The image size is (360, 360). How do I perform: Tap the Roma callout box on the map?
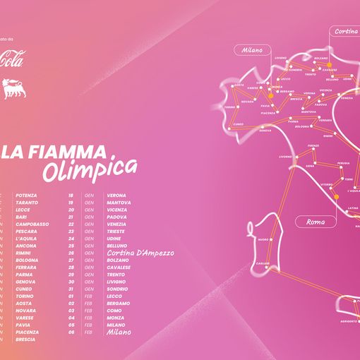click(x=314, y=222)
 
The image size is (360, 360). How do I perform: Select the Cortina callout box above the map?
click(x=345, y=31)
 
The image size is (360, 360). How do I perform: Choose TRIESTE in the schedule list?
click(x=116, y=231)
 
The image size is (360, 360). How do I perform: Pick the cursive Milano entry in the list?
click(x=120, y=332)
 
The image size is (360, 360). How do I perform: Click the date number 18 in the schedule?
click(x=71, y=195)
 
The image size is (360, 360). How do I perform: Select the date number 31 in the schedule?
click(x=71, y=289)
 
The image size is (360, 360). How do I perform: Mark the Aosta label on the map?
click(x=239, y=85)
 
